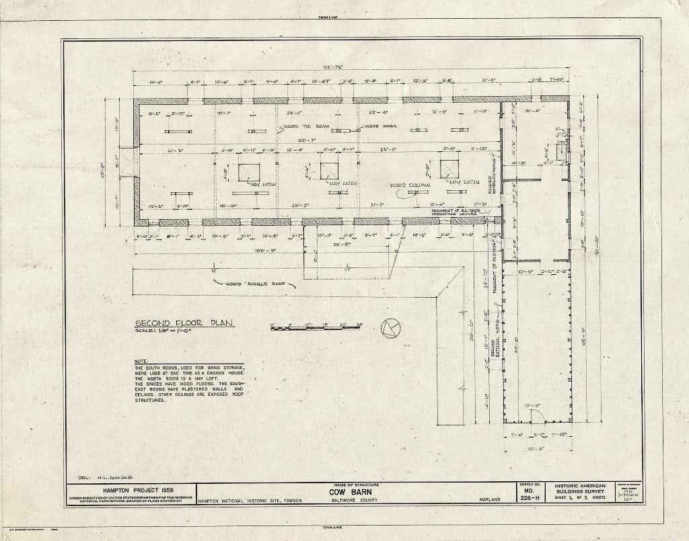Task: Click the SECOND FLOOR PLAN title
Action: click(x=183, y=323)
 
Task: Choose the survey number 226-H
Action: click(x=528, y=499)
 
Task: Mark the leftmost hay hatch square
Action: click(x=248, y=172)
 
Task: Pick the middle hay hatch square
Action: click(x=330, y=171)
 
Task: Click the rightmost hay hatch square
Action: click(x=449, y=169)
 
